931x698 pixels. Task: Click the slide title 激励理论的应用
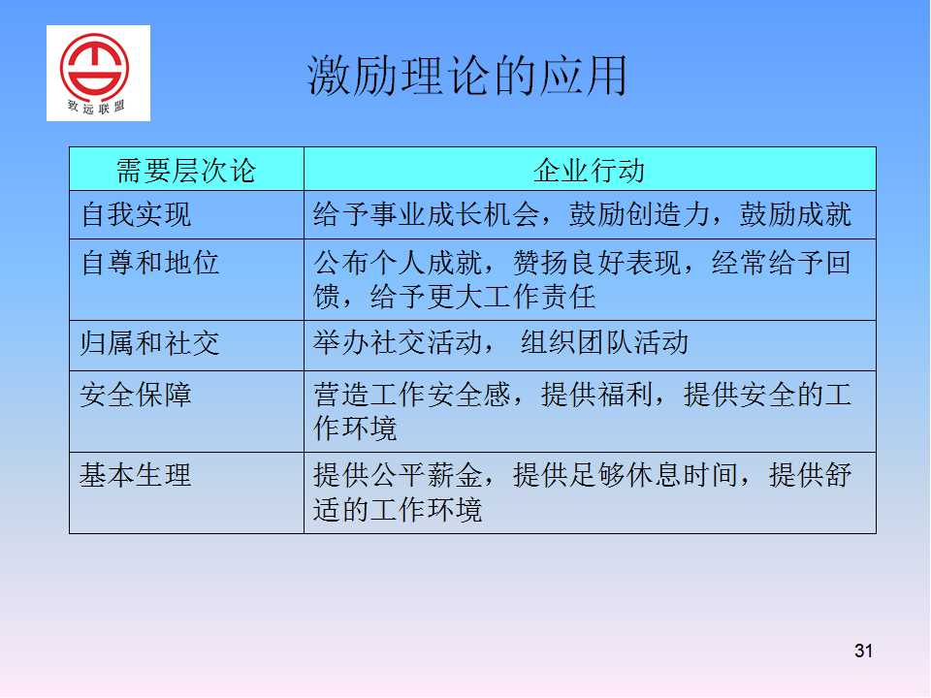pos(467,76)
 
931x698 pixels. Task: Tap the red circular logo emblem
pos(94,67)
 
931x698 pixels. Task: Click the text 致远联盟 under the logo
pos(96,108)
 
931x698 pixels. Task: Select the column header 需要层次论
pos(186,171)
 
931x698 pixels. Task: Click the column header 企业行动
pos(589,171)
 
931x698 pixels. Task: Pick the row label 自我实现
pos(136,214)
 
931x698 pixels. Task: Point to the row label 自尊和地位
pos(150,263)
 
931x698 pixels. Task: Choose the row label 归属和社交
pos(150,343)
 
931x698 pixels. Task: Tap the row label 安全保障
pos(136,395)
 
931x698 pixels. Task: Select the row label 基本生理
pos(136,475)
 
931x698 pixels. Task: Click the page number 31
pos(863,650)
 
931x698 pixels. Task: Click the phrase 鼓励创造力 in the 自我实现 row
pos(639,214)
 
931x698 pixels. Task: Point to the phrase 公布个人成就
pos(398,263)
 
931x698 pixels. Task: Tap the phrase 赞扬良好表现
pos(596,263)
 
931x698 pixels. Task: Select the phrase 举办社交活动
pos(398,342)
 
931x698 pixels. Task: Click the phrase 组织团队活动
pos(604,342)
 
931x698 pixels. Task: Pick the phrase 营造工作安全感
pos(412,395)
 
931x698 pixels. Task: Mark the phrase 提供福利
pos(596,395)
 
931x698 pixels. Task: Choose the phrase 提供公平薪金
pos(398,475)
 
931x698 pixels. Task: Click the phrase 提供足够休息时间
pos(626,475)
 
